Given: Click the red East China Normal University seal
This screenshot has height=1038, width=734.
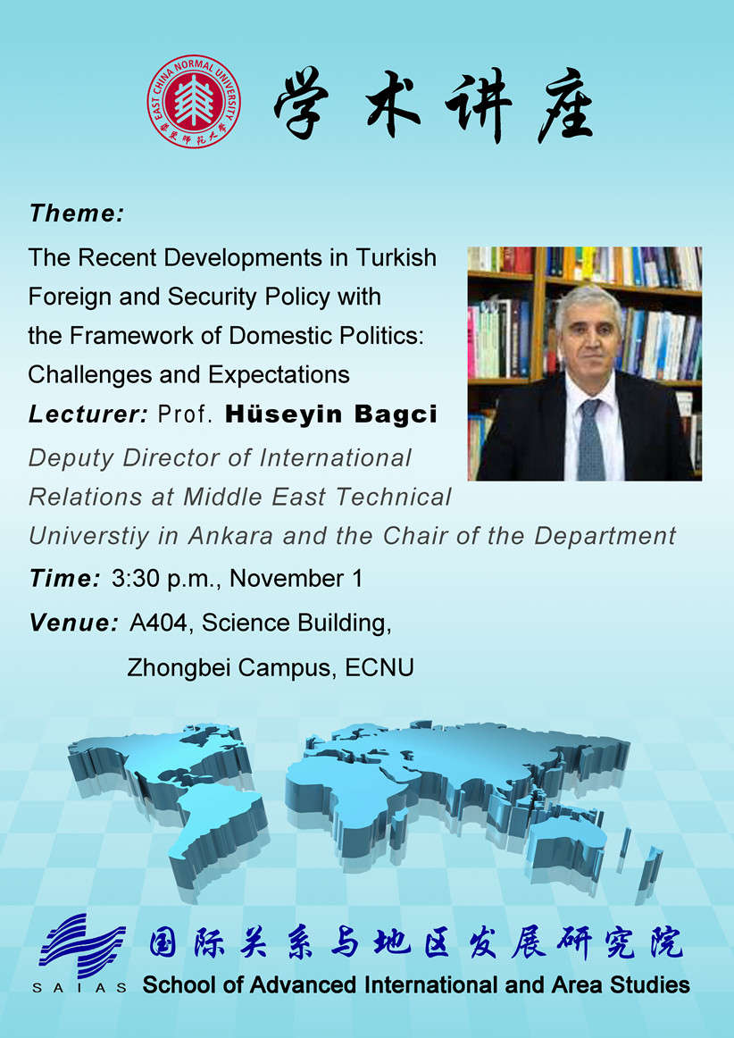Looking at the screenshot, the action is [193, 101].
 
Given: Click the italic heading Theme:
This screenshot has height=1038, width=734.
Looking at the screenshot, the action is [77, 213].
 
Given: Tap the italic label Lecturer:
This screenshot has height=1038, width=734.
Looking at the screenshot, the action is [88, 414].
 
